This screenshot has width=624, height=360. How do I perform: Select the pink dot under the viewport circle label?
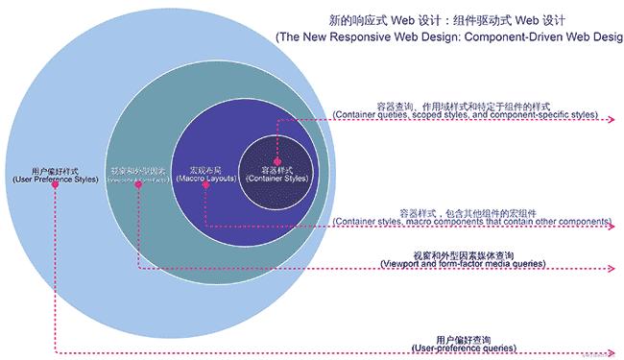click(x=138, y=186)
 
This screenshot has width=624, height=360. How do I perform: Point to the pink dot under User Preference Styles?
click(x=56, y=185)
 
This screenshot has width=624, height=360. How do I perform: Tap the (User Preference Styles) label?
click(x=56, y=179)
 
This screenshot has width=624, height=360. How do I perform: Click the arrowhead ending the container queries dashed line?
click(x=611, y=121)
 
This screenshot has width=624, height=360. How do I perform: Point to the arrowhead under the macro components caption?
click(x=611, y=228)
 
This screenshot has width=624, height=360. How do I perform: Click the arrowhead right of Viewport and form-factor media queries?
click(x=611, y=268)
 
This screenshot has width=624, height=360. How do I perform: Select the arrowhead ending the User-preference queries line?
click(x=611, y=353)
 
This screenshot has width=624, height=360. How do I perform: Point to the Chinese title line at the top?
click(x=451, y=17)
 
